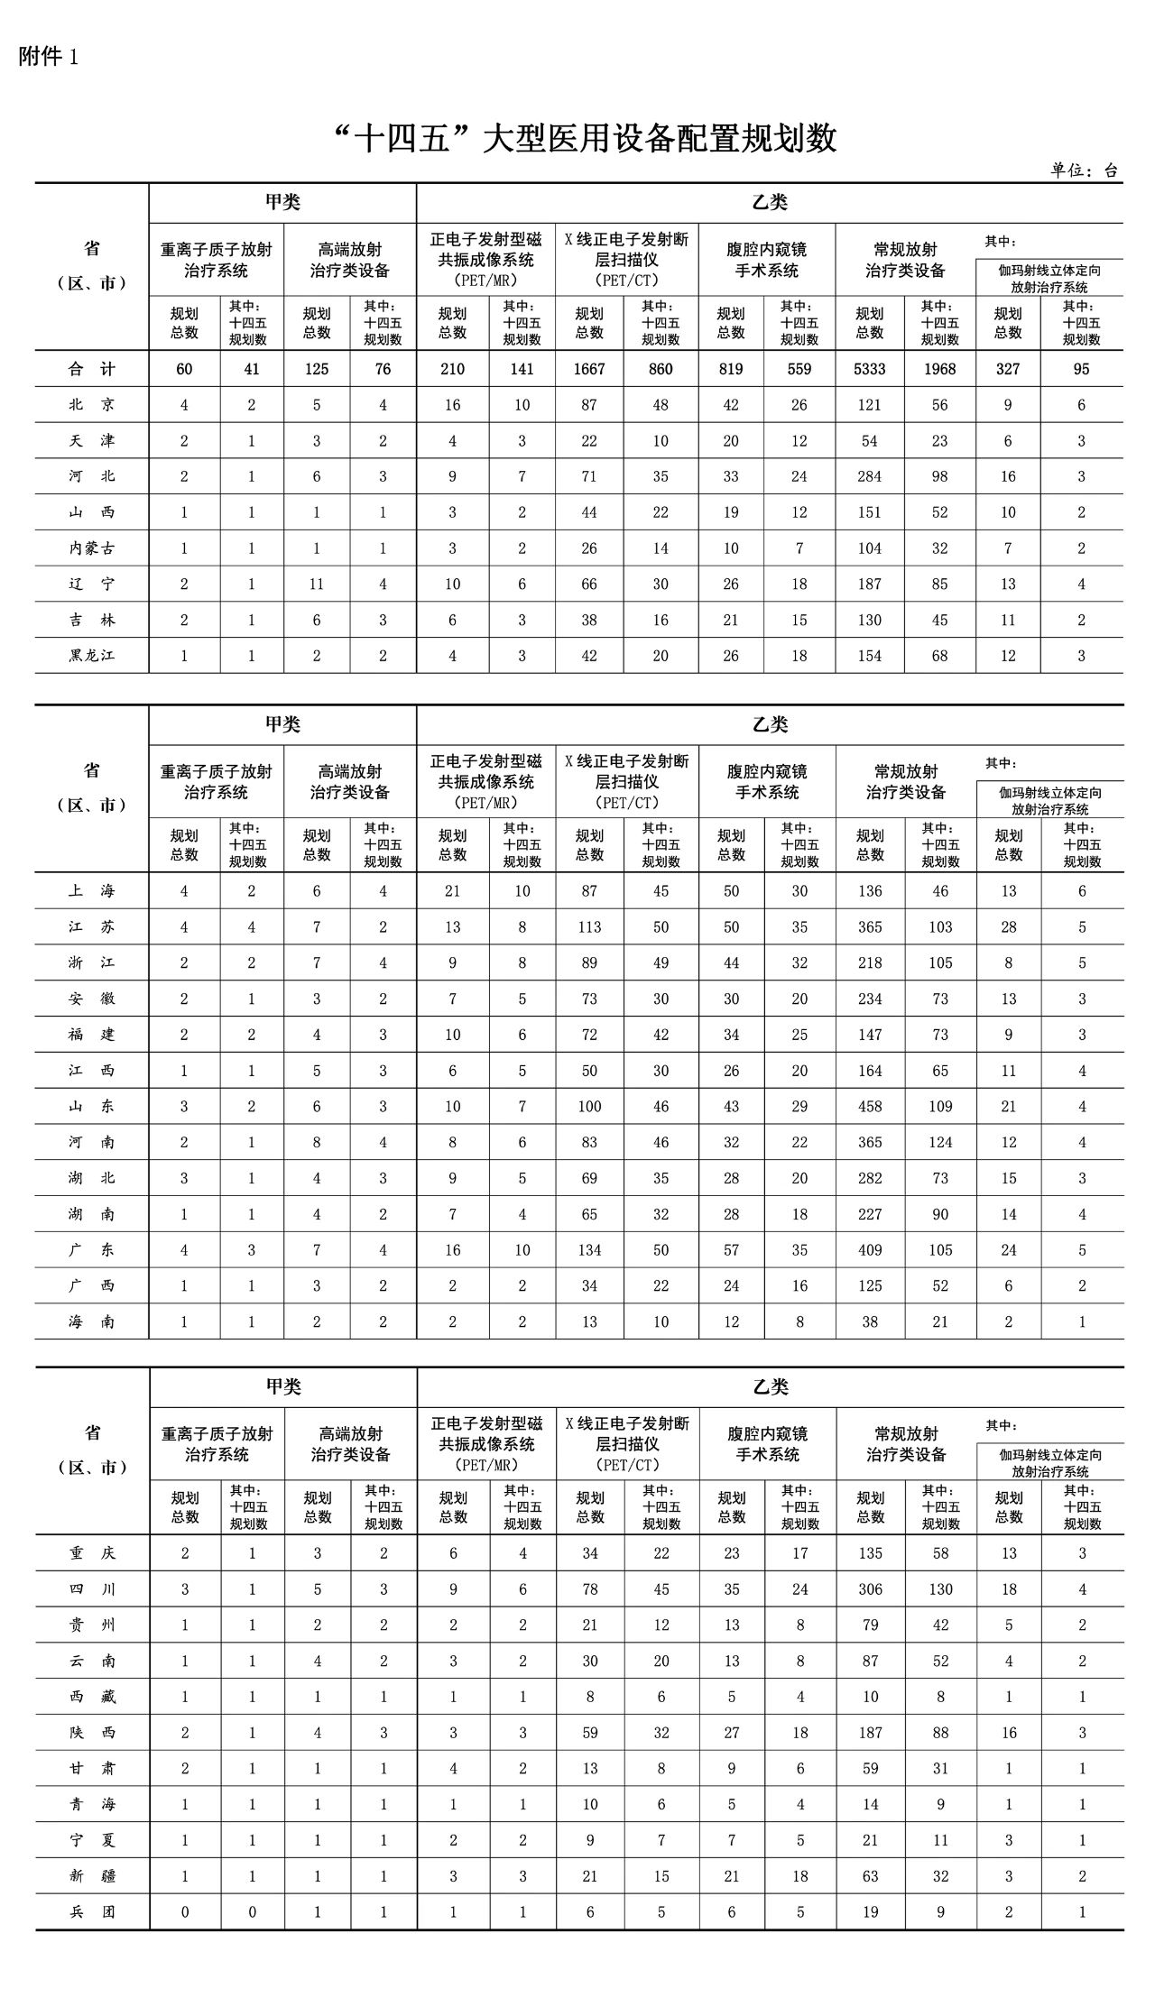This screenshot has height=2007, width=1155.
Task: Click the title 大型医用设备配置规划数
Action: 587,139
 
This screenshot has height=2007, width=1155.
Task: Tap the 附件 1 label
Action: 49,57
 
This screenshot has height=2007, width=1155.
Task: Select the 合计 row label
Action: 92,369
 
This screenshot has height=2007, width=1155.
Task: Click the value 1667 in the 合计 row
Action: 589,369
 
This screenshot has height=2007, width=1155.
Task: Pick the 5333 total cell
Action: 870,369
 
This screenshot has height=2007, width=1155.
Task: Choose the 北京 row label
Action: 92,405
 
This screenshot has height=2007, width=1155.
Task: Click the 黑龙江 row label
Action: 92,656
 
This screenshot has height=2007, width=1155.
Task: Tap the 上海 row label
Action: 92,891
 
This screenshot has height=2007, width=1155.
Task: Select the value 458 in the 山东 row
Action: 870,1107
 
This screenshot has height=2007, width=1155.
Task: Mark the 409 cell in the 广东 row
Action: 870,1250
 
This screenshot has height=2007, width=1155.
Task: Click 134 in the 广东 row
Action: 589,1250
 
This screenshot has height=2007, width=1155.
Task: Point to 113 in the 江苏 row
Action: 589,927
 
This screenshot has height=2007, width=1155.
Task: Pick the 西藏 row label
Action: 92,1697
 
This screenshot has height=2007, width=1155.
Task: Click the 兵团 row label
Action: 92,1911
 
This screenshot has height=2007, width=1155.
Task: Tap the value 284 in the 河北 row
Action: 870,476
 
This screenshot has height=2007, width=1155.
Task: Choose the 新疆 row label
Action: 92,1876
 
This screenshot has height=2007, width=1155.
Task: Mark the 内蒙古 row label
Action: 92,548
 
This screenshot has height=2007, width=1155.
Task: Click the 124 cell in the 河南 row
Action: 940,1142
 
